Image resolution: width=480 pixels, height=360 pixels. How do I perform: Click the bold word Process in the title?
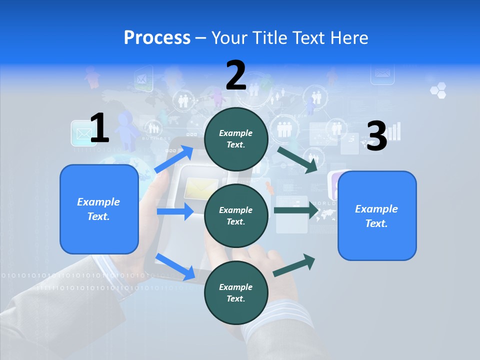tap(157, 37)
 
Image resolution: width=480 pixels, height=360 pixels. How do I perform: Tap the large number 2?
tap(236, 75)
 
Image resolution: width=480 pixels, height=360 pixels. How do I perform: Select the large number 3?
tap(376, 136)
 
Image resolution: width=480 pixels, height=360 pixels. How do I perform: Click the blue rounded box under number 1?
tap(99, 209)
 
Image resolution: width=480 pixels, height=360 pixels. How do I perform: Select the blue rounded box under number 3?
tap(377, 215)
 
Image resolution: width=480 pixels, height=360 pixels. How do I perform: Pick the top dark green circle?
tap(236, 138)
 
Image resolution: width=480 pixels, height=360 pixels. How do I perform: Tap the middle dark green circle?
tap(236, 215)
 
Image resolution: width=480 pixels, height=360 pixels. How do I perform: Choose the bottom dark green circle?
tap(236, 292)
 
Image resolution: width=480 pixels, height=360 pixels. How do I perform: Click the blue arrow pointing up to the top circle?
tap(175, 158)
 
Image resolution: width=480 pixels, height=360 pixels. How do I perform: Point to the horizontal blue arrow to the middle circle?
tap(175, 211)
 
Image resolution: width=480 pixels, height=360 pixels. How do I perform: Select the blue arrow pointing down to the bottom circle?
tap(175, 266)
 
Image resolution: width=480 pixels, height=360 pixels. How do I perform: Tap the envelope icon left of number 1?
tap(81, 133)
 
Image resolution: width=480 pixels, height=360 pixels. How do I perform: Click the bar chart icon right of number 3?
tap(394, 131)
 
